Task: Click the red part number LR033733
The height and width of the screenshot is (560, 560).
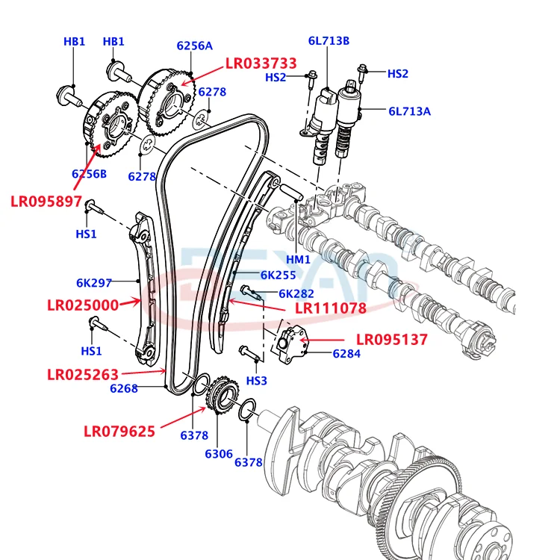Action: point(261,63)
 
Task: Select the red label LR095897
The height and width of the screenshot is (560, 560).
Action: point(46,201)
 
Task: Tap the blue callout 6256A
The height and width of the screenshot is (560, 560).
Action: point(194,46)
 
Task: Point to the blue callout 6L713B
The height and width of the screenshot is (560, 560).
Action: point(329,41)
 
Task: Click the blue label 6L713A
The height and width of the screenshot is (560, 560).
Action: point(409,111)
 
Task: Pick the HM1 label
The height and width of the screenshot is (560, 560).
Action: point(298,259)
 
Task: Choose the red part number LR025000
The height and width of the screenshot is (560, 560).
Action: point(83,305)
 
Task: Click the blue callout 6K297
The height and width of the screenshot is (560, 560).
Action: point(94,283)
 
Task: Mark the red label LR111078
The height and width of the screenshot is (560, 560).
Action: point(330,308)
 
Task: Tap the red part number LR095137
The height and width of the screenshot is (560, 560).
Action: point(391,340)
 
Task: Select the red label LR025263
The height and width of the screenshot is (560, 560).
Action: point(83,374)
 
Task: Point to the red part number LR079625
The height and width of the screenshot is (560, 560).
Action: point(119,431)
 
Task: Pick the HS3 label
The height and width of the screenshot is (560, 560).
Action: point(256,381)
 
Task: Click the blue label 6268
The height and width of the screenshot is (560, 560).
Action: point(124,388)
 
